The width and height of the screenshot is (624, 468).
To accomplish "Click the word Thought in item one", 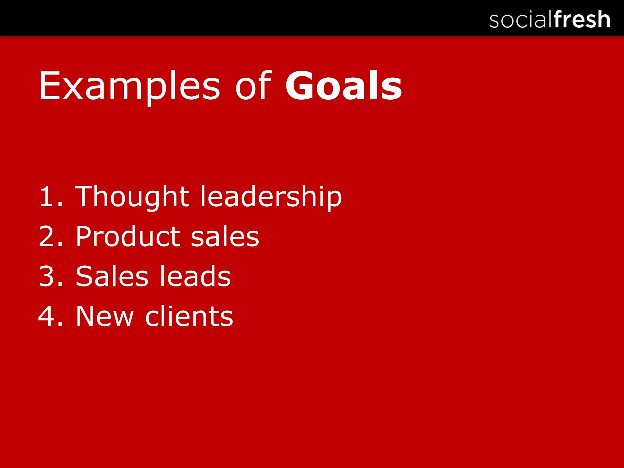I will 132,197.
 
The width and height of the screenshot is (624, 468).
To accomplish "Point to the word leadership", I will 271,197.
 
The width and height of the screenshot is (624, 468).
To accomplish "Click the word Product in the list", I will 128,236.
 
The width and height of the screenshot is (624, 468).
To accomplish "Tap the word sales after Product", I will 225,237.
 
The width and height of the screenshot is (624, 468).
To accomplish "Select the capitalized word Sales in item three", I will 112,276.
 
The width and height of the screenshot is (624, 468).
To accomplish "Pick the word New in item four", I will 105,316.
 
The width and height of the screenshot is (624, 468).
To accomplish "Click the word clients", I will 189,316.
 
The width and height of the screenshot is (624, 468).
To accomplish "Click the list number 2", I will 47,236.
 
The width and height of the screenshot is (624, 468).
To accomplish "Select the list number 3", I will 47,276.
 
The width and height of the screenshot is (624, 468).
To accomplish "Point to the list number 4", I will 46,316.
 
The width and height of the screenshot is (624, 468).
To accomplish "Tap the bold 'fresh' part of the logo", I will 582,19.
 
